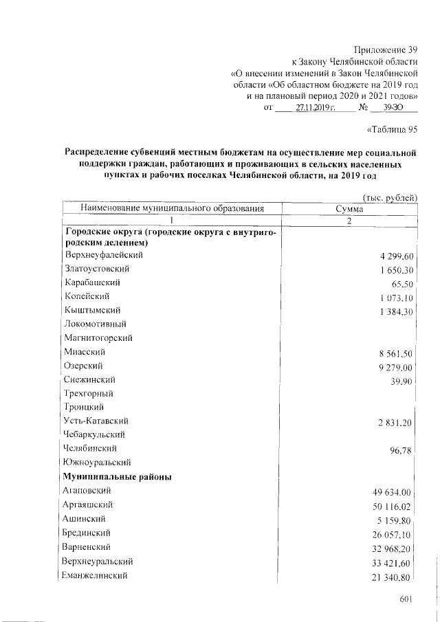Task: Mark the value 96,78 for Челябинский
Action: point(401,451)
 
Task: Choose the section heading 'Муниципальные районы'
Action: point(117,476)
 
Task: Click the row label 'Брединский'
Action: point(87,533)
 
